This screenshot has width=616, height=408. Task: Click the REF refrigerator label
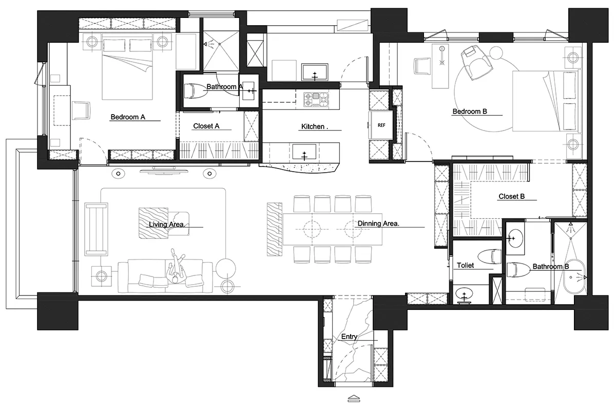[381, 125]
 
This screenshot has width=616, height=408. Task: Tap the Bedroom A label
[128, 117]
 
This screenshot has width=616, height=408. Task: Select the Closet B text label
[512, 196]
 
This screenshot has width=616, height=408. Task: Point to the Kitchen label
[315, 126]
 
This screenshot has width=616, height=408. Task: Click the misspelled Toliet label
[465, 265]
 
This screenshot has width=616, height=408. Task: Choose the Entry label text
[349, 337]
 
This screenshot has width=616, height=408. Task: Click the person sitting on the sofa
[176, 267]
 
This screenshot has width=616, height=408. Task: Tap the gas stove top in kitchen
[316, 99]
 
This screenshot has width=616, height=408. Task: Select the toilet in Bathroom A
[195, 91]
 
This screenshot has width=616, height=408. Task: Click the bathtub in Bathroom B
[574, 276]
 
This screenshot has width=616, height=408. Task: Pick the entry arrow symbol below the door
[354, 399]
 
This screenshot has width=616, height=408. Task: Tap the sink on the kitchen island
[304, 152]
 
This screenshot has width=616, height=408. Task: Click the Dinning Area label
[378, 224]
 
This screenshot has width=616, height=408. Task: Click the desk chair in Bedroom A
[81, 110]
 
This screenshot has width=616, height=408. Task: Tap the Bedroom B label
[470, 112]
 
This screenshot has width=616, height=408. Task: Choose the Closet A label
[206, 126]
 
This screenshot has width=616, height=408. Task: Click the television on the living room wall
[164, 171]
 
